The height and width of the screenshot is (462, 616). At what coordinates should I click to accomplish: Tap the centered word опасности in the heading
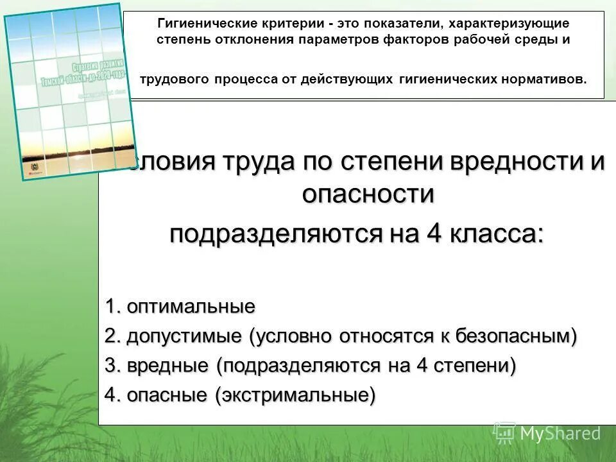point(368,193)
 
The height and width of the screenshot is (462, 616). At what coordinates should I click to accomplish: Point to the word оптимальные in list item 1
point(191,307)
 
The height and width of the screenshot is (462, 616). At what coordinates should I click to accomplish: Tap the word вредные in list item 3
point(167,366)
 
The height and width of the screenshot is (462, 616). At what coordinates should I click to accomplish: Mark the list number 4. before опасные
point(113,395)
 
